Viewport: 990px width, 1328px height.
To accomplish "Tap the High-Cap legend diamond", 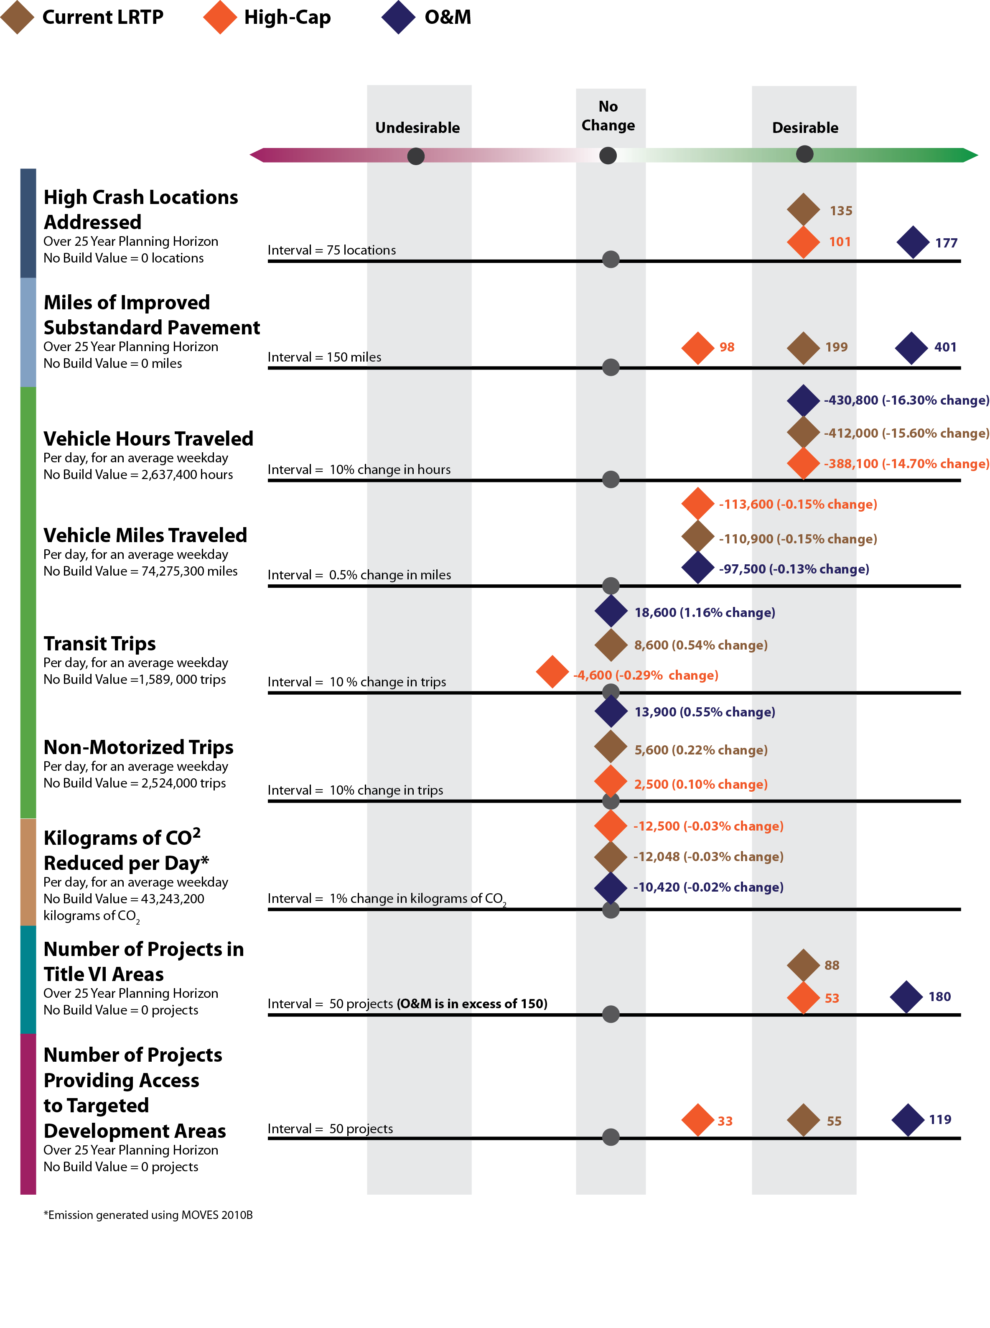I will click(220, 18).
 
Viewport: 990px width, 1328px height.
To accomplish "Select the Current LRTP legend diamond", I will click(18, 18).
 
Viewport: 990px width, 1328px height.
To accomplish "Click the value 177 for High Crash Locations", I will click(946, 243).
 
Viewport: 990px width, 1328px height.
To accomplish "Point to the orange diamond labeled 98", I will click(697, 348).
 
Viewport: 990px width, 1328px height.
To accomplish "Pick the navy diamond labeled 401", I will click(911, 348).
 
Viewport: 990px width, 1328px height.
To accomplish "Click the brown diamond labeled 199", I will click(803, 348).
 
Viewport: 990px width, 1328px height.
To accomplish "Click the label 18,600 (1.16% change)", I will click(704, 612).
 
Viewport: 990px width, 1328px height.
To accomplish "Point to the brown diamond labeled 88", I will click(803, 965).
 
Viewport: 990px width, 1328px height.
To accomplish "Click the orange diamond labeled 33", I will click(697, 1119).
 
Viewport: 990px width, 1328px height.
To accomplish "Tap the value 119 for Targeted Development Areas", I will click(940, 1119).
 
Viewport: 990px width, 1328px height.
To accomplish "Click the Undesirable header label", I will click(417, 127).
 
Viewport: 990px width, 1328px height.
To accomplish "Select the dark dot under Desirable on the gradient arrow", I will click(804, 154).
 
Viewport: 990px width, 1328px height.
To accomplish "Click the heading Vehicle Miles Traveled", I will click(145, 535).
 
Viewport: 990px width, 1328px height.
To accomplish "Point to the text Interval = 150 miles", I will click(324, 357).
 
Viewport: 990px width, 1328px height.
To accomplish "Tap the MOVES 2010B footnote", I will click(148, 1215).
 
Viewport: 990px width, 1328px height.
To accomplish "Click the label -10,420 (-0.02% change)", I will click(708, 887).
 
